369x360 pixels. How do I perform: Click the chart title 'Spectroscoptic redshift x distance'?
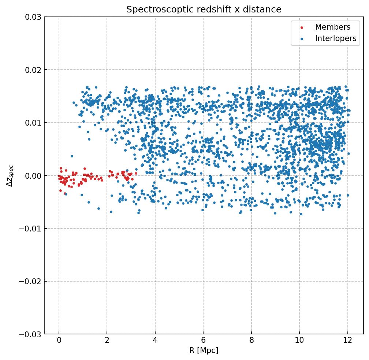(204, 10)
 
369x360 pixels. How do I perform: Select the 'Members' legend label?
(332, 27)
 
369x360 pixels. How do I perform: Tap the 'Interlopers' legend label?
(335, 38)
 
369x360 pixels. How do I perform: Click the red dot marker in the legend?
(302, 27)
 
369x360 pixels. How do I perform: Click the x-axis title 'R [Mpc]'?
(204, 350)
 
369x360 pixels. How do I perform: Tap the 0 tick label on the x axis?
(59, 341)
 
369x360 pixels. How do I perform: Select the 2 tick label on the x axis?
(107, 341)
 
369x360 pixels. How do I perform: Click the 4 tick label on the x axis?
(155, 341)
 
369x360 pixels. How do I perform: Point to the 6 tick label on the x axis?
(203, 341)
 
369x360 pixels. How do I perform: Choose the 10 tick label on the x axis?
(299, 341)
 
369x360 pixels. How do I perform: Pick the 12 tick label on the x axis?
(348, 341)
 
